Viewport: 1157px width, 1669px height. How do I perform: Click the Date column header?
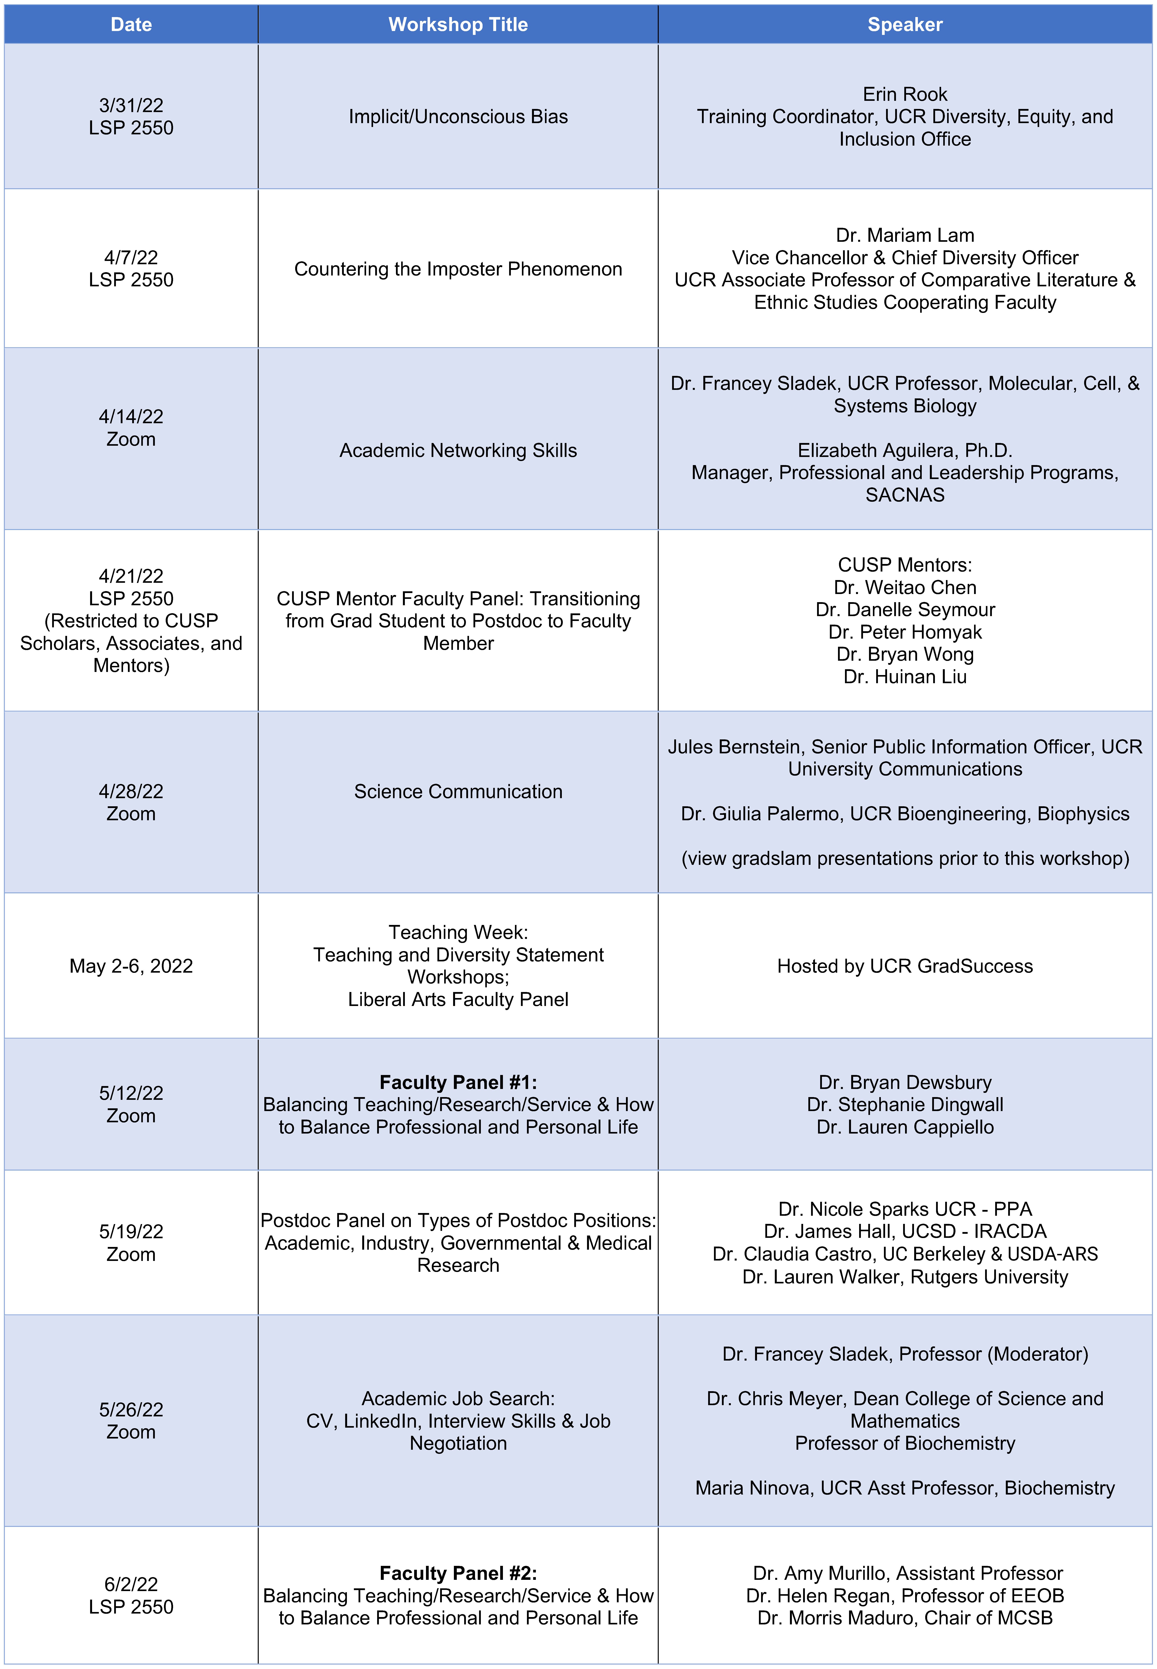coord(131,25)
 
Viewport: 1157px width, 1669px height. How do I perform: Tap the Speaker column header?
coord(905,25)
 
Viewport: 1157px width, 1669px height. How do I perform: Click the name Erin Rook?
coord(905,94)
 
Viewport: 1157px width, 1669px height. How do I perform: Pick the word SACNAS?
coord(905,495)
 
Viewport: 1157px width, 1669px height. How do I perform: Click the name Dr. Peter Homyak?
coord(905,632)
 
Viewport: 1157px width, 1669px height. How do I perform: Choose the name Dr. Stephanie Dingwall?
coord(905,1105)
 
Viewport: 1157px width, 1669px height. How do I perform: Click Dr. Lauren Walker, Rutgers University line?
coord(905,1277)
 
